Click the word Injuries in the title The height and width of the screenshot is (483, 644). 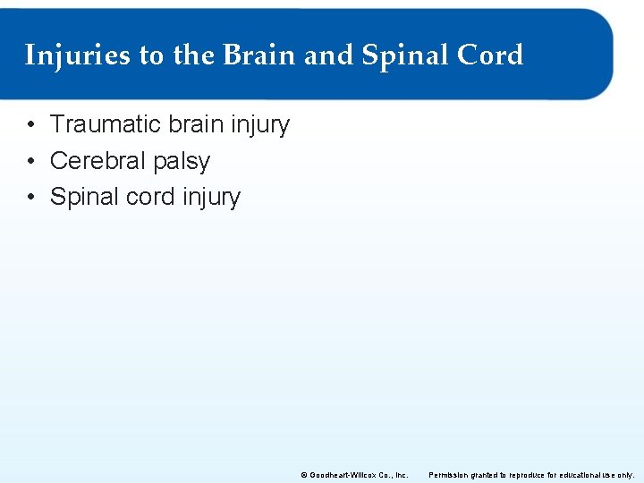tap(78, 55)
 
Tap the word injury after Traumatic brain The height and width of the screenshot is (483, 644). tap(261, 125)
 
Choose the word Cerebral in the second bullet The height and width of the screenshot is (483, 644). tap(98, 161)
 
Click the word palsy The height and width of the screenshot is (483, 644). tap(182, 162)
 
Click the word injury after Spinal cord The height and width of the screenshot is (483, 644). tap(212, 198)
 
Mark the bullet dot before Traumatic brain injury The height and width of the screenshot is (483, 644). tap(30, 125)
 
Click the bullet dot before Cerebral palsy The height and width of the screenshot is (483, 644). tap(30, 162)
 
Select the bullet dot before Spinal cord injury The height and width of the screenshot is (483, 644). tap(30, 198)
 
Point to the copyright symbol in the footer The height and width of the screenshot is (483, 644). tap(303, 475)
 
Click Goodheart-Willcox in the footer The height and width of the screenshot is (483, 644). tap(341, 475)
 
